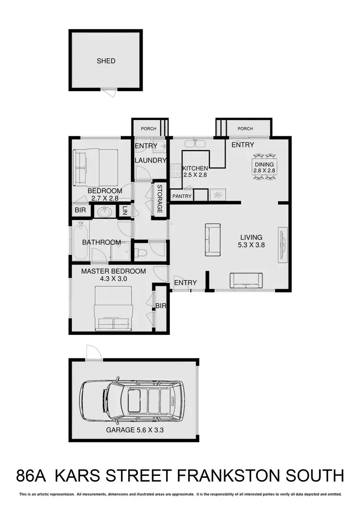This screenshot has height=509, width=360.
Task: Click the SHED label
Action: (106, 61)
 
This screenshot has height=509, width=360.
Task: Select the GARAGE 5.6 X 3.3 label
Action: (135, 430)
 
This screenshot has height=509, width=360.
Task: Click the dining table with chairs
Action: (264, 166)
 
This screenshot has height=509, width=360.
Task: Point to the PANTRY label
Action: (182, 196)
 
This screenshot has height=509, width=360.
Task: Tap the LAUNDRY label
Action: (150, 160)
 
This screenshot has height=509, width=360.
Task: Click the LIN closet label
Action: (125, 210)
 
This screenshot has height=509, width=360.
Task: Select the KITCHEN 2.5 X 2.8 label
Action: (195, 172)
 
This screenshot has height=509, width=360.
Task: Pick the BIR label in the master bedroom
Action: (160, 306)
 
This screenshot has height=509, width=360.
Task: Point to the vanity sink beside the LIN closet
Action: (104, 212)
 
